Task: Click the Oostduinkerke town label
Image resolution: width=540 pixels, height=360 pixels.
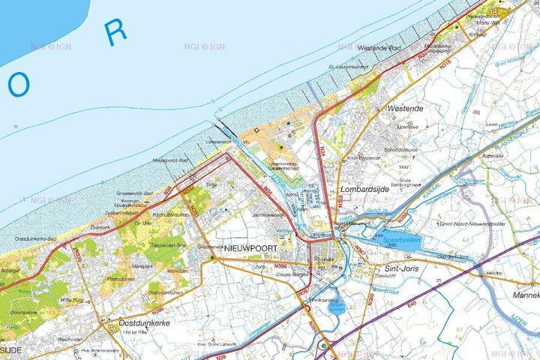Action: (144, 322)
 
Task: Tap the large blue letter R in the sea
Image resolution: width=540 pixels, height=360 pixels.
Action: (115, 32)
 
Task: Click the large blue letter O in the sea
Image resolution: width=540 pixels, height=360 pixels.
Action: (19, 86)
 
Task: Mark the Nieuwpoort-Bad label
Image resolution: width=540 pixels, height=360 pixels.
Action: (171, 160)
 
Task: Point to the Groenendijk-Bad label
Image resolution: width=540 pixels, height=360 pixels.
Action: (135, 193)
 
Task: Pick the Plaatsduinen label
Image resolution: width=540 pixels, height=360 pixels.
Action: (120, 278)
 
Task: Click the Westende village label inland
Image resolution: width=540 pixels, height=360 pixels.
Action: (406, 108)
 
